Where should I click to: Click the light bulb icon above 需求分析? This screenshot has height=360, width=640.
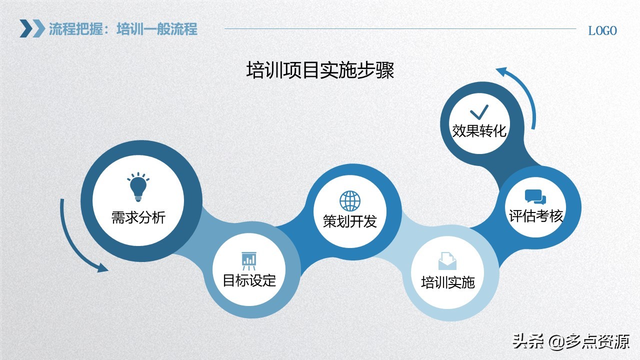point(138,187)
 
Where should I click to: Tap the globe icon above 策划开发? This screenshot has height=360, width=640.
point(350,201)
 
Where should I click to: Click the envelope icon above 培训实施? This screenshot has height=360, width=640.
point(447,261)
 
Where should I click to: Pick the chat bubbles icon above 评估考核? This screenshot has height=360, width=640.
point(535,197)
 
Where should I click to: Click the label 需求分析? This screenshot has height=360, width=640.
point(138,218)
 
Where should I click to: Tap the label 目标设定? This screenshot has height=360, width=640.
point(249,280)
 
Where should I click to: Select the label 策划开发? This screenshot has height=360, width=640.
point(350,221)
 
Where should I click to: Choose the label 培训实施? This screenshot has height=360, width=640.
point(447,282)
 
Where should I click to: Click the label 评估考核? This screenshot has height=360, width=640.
point(536,216)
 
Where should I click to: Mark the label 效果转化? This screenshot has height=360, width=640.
point(479,131)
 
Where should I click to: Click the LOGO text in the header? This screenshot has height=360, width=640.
point(602,31)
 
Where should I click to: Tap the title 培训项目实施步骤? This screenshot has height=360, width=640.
point(320,70)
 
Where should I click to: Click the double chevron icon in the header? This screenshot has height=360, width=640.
point(32,28)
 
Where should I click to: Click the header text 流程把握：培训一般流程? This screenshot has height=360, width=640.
point(123,29)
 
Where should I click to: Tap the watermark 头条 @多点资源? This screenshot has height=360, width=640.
point(570,342)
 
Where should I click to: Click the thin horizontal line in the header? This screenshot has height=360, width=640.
point(400,28)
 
